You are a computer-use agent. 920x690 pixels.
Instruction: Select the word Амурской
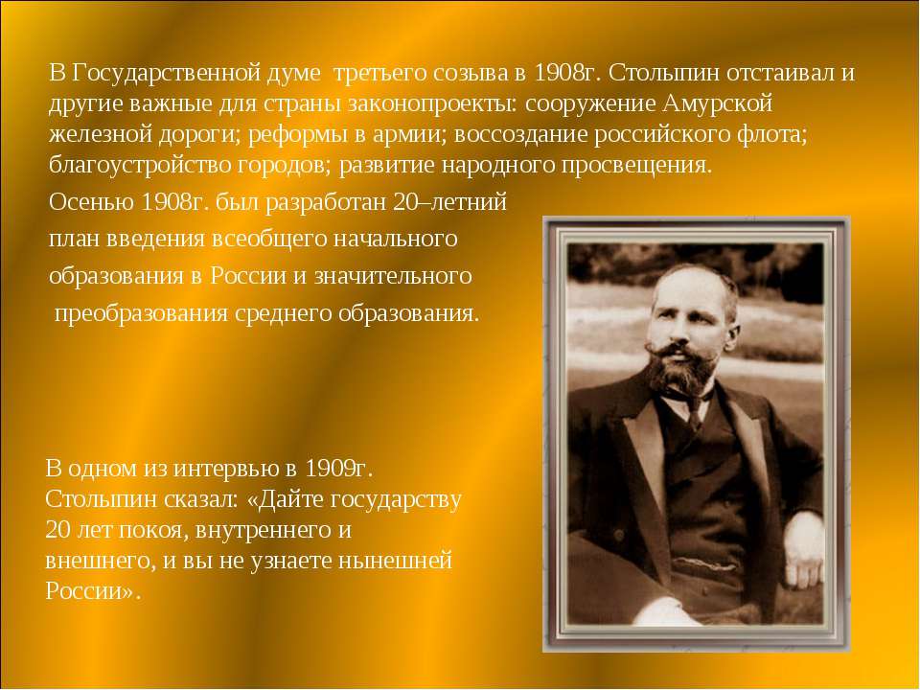click(718, 103)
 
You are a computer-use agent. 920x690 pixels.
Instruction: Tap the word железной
click(99, 134)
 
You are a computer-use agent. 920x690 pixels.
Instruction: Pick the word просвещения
click(635, 166)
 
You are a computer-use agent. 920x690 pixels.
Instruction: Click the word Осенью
click(91, 202)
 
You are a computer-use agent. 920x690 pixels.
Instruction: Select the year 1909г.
click(339, 469)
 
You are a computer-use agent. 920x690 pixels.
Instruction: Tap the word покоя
click(152, 530)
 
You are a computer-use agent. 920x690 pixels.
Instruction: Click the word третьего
click(380, 74)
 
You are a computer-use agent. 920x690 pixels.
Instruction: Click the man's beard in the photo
click(680, 371)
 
